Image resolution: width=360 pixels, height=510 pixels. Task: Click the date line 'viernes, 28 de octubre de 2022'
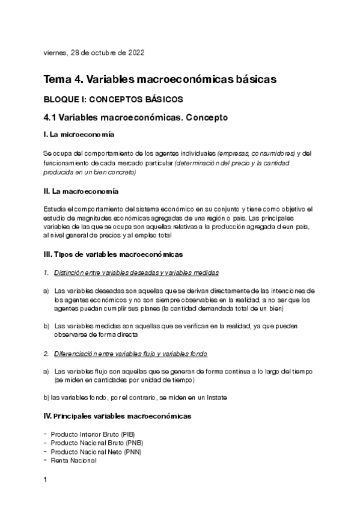pos(94,52)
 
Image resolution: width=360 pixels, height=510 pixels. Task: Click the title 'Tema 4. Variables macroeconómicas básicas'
pos(160,79)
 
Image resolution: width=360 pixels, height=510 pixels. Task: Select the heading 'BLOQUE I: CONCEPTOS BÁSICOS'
pos(114,99)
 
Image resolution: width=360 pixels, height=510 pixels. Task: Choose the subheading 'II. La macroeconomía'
pos(81,191)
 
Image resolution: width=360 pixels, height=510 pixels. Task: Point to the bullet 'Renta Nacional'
pos(74,460)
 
